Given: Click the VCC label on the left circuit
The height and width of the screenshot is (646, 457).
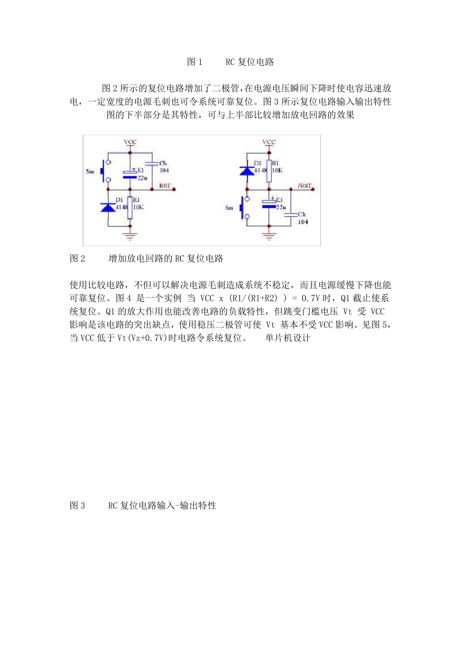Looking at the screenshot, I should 130,142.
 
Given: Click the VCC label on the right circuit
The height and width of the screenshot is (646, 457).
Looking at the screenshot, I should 269,142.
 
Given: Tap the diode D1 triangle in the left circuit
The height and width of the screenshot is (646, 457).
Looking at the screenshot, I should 108,207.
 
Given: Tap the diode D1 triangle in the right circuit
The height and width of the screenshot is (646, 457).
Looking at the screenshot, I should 247,170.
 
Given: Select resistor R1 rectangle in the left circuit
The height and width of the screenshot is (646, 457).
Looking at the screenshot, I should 130,207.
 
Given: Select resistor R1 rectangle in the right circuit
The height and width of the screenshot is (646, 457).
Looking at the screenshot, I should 269,171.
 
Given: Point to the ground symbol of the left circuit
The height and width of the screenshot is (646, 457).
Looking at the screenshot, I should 130,235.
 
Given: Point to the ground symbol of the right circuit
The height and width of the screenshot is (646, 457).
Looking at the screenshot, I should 269,235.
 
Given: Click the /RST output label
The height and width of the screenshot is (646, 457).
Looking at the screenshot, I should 305,186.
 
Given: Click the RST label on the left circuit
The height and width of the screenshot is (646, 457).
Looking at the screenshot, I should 165,186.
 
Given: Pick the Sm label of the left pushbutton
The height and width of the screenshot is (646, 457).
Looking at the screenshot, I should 90,172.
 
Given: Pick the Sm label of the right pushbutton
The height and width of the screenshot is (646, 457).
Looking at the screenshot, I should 229,208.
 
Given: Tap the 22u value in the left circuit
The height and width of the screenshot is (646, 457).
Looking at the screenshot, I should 142,178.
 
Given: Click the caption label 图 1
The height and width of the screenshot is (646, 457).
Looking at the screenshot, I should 195,62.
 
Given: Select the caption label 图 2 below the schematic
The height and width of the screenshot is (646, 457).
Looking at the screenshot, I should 77,259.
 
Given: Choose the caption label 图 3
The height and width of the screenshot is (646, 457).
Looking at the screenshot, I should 77,506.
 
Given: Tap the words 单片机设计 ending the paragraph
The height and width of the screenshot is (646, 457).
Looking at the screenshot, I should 288,338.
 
